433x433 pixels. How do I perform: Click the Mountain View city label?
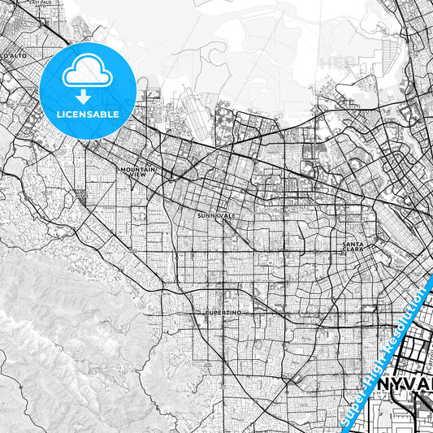click(137, 171)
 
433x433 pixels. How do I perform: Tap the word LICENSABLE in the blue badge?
click(87, 115)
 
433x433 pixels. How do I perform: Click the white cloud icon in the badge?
click(87, 71)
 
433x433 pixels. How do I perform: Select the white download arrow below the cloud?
click(84, 95)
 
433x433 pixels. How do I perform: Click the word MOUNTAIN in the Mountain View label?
click(137, 169)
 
